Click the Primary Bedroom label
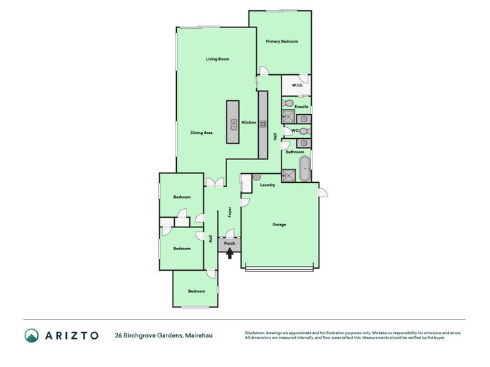point(282,41)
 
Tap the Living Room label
point(217,58)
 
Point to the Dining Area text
point(202,133)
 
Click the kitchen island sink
point(234,124)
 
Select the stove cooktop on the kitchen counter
point(263,124)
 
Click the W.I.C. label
point(297,85)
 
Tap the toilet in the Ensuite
point(287,103)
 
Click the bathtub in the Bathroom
point(305,169)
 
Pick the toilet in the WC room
point(305,131)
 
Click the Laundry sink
point(257,177)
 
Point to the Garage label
point(279,224)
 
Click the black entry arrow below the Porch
point(230,253)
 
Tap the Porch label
point(230,243)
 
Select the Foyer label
point(230,212)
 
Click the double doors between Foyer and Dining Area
point(215,183)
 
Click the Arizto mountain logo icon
point(32,335)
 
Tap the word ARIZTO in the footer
point(72,335)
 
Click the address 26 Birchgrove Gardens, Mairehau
point(164,335)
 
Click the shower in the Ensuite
point(288,116)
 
